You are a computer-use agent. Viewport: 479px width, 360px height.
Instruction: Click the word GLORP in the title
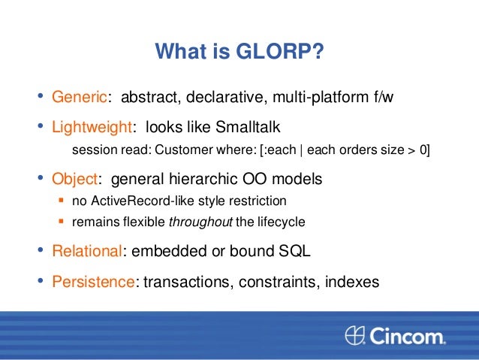[283, 53]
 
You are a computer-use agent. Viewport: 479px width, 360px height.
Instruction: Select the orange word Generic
[78, 98]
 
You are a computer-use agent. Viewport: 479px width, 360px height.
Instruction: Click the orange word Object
[74, 180]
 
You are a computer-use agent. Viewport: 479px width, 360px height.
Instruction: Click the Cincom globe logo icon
[354, 334]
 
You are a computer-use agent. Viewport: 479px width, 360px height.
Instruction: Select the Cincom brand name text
[407, 334]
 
